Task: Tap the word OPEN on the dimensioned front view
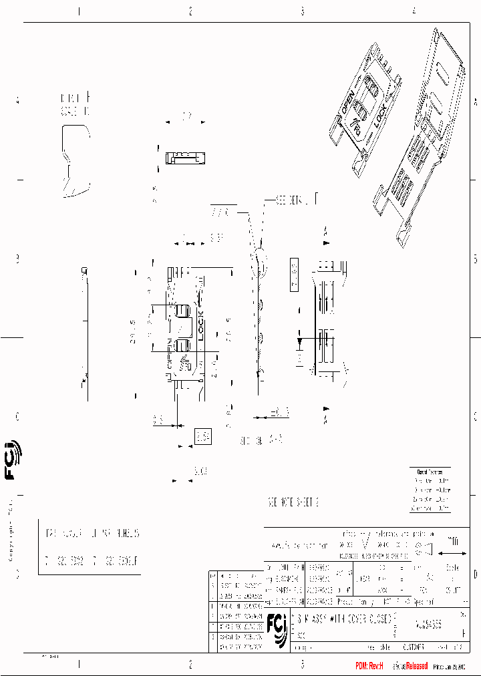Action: click(169, 353)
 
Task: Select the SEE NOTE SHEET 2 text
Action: click(293, 502)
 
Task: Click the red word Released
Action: click(414, 666)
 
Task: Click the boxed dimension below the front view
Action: click(202, 438)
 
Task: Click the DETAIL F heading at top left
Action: click(75, 98)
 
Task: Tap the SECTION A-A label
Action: click(261, 442)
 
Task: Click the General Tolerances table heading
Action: click(432, 472)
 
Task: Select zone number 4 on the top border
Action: click(414, 11)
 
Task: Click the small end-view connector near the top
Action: click(186, 158)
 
